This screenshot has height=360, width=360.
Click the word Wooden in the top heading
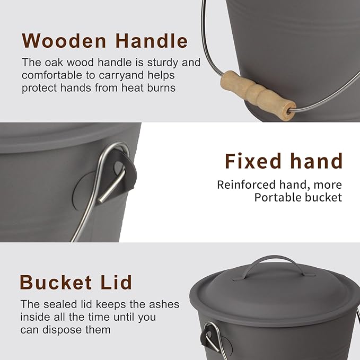pyautogui.click(x=64, y=41)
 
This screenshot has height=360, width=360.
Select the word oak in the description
pyautogui.click(x=54, y=63)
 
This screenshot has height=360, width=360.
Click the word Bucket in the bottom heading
pyautogui.click(x=56, y=282)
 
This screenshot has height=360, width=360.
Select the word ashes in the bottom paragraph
pyautogui.click(x=164, y=304)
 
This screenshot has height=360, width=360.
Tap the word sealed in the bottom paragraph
pyautogui.click(x=60, y=304)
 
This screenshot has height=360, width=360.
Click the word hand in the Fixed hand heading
pyautogui.click(x=317, y=161)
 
